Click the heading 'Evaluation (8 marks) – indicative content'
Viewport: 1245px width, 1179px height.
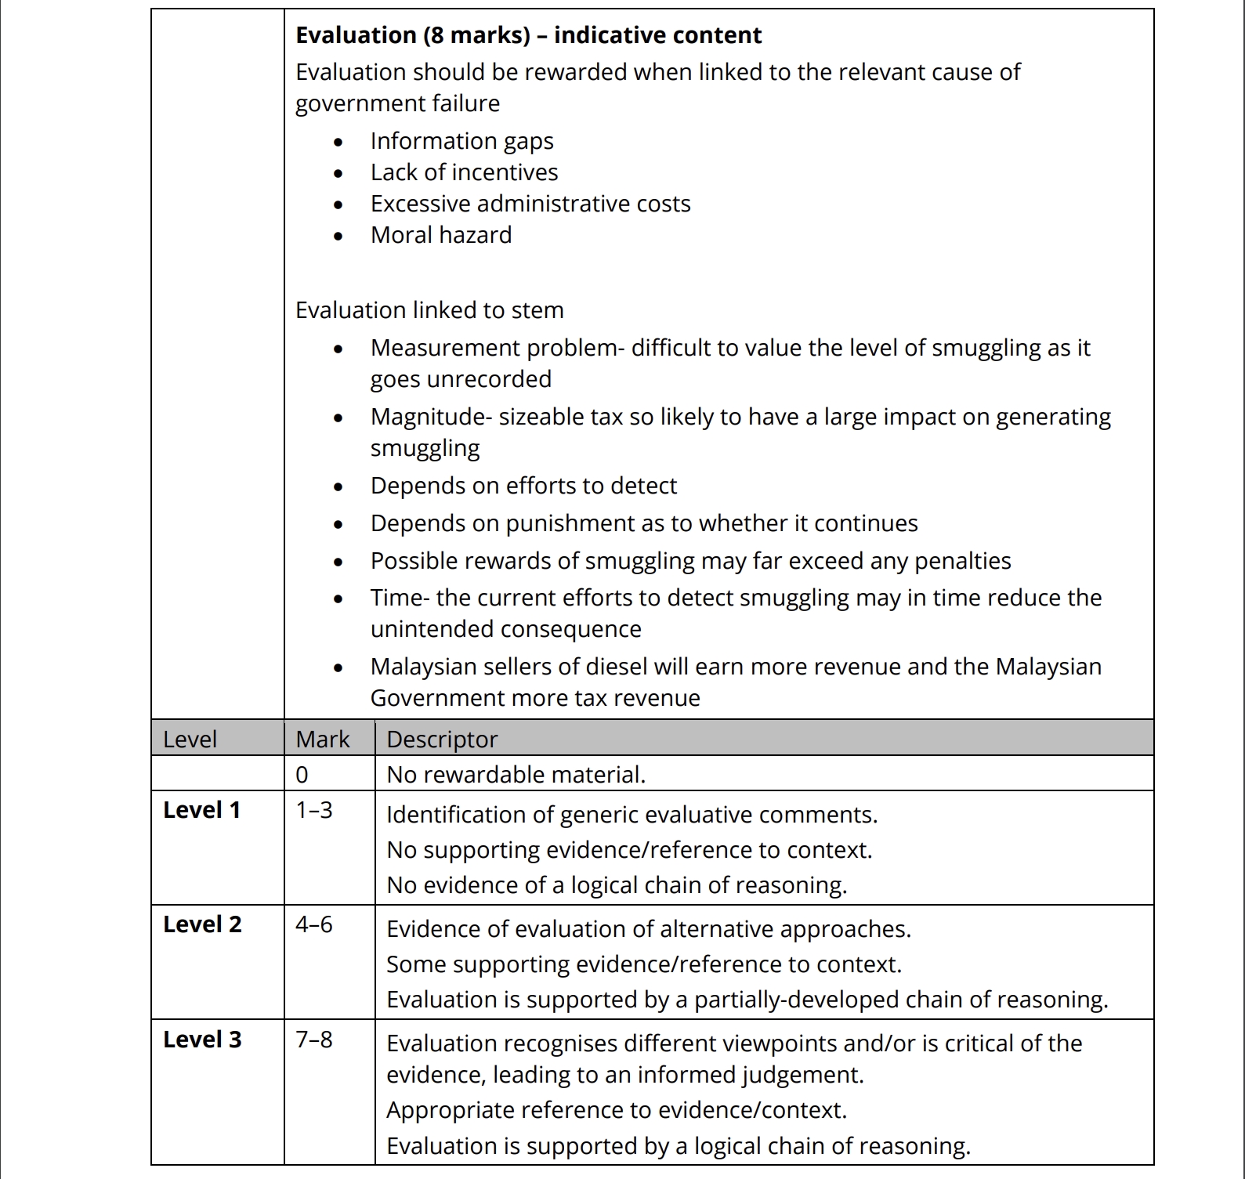click(528, 35)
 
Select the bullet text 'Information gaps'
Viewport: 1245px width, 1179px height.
click(461, 141)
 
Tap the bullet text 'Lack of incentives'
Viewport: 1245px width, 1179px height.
click(464, 172)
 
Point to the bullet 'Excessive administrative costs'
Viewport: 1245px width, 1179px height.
click(530, 204)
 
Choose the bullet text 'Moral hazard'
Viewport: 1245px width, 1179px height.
click(441, 235)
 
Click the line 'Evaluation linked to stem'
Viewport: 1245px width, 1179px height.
click(429, 310)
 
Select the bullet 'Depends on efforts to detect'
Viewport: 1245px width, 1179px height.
click(523, 486)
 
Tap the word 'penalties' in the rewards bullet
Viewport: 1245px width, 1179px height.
click(962, 561)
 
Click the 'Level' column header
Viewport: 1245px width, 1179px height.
click(190, 739)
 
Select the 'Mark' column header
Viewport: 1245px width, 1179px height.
click(323, 739)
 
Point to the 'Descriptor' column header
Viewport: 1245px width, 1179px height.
click(442, 739)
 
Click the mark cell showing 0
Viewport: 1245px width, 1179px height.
click(302, 775)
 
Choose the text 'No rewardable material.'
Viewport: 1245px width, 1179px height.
click(516, 775)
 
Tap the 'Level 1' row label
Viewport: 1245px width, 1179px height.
click(201, 810)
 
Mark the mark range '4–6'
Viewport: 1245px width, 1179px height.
click(313, 924)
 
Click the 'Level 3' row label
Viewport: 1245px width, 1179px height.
click(202, 1040)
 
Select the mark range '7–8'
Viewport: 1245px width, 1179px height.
click(313, 1040)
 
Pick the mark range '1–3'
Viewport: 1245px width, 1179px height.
click(313, 810)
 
